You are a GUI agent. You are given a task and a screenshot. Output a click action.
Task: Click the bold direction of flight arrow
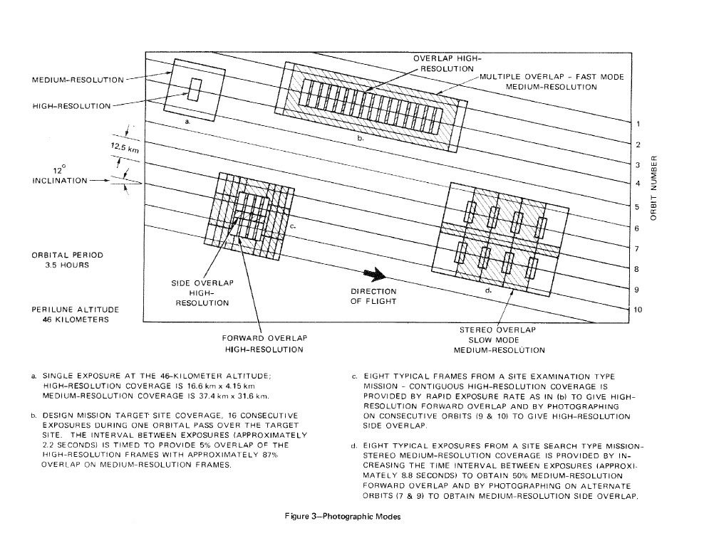[373, 275]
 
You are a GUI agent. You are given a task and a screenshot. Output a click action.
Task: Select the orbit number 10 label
[638, 310]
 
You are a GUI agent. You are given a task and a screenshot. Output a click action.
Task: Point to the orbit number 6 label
[636, 228]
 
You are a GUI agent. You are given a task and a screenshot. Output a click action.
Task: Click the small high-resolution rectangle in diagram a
[195, 90]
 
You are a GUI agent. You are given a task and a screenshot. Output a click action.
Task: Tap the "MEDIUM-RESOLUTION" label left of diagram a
[77, 80]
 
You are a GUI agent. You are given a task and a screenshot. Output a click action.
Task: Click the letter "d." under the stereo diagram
[489, 290]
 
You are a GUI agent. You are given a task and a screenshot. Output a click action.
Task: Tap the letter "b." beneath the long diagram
[361, 139]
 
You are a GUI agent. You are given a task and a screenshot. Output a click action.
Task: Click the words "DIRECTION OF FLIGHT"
[373, 295]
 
